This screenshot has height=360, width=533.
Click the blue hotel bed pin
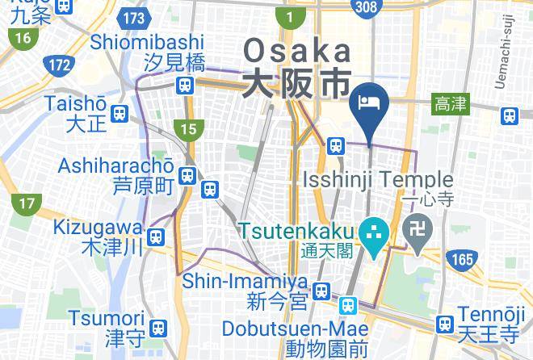tap(369, 103)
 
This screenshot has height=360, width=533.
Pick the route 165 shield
tap(461, 259)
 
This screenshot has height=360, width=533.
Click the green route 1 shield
tap(289, 15)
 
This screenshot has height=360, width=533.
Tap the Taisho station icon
tap(120, 114)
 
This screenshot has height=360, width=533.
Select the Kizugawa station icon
tap(157, 237)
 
